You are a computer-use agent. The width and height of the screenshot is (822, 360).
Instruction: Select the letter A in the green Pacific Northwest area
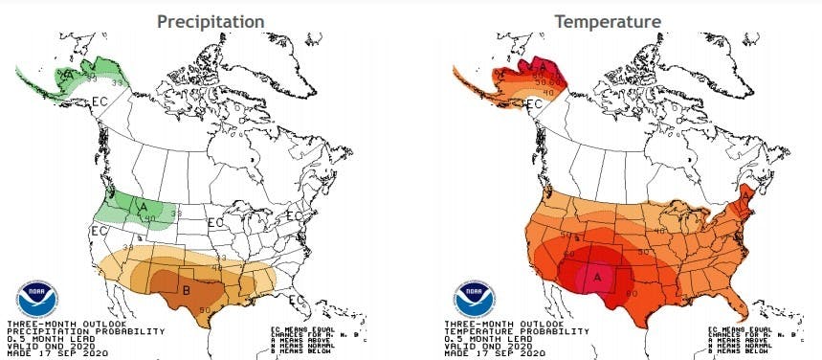point(143,205)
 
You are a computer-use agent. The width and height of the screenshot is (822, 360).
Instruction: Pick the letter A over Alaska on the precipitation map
point(70,73)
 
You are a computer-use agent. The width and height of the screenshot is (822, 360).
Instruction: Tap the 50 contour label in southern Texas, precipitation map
point(204,309)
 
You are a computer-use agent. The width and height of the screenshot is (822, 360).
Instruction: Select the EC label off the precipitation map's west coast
point(98,231)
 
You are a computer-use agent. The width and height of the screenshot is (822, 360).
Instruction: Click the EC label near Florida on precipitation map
point(297,300)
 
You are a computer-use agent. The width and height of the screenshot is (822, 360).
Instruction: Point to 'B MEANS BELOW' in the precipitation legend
point(299,352)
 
